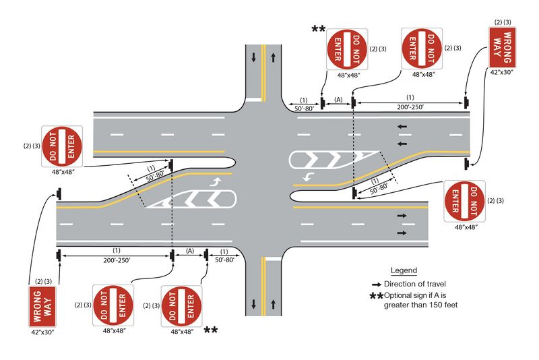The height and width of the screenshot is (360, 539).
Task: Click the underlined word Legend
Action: point(404,270)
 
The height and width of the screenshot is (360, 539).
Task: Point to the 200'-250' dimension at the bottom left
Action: point(117,260)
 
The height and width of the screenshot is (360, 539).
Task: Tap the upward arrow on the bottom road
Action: point(275,303)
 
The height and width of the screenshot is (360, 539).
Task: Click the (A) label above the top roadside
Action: point(338,100)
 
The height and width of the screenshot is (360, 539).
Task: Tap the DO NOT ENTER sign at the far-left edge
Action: point(63,146)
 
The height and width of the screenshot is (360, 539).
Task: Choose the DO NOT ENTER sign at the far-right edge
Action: point(464,202)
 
